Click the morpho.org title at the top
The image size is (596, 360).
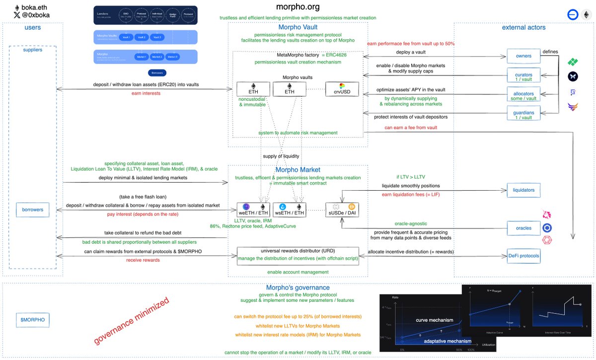point(298,7)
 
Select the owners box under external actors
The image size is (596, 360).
point(523,56)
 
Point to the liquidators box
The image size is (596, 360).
point(523,190)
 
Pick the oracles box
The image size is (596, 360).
point(523,228)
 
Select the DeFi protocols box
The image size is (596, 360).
point(523,256)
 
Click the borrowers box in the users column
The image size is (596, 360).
point(32,210)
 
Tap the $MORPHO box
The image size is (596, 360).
point(32,320)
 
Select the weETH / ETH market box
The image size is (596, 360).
point(253,210)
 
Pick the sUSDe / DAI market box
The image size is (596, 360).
point(342,210)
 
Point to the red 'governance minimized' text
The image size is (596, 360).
point(131,321)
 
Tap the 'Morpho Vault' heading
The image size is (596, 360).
point(298,27)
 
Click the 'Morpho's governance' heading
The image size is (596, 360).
point(298,288)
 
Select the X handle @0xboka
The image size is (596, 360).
point(35,15)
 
